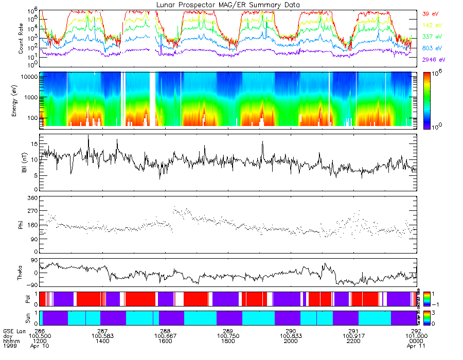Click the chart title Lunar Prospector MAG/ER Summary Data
(x=228, y=5)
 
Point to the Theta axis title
(x=21, y=273)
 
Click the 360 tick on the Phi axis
(x=32, y=198)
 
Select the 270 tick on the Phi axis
(x=32, y=211)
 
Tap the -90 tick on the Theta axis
(x=30, y=284)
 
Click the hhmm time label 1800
(x=228, y=341)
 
